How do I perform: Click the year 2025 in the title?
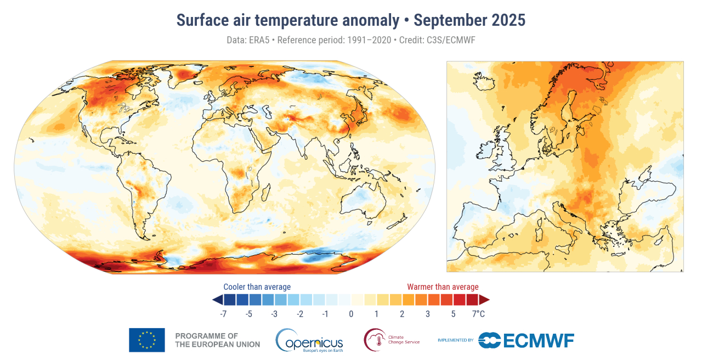click(x=506, y=21)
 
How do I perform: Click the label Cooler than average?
click(x=257, y=287)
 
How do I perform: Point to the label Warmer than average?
click(x=443, y=287)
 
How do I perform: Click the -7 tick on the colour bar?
click(x=223, y=314)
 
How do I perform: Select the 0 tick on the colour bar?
click(x=351, y=314)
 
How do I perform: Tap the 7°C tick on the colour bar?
click(x=478, y=314)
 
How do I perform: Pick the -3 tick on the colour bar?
click(x=274, y=314)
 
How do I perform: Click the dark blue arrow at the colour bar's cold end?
click(x=217, y=300)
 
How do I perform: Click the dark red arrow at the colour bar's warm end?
click(x=484, y=300)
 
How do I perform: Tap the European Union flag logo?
click(x=147, y=340)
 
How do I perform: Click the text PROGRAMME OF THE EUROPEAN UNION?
click(x=217, y=340)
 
